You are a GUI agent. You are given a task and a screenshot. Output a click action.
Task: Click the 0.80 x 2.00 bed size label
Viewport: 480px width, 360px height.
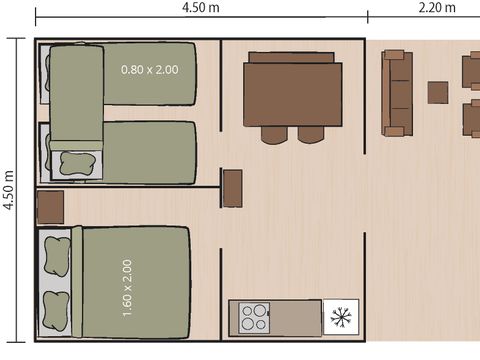pos(150,70)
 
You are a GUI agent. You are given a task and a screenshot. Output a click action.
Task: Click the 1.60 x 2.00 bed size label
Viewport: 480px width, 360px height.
pos(127,288)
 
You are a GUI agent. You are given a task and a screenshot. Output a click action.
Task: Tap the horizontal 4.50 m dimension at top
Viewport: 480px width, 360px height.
pos(201,7)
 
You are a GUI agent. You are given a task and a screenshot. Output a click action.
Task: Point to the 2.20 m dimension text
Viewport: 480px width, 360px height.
pos(437,7)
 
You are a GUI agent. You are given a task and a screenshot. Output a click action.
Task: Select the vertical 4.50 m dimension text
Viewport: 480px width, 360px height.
pos(9,190)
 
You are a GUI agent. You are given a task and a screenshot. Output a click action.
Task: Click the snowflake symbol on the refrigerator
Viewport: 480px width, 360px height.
pos(341,317)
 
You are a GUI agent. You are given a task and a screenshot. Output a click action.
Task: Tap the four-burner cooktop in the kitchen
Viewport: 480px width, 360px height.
pos(254,318)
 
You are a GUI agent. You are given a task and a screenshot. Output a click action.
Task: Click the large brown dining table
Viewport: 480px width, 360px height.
pos(293,94)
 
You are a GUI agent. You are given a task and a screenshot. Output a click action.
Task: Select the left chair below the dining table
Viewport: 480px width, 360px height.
pos(274,135)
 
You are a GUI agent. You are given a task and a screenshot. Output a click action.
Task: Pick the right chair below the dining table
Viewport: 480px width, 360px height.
pos(311,135)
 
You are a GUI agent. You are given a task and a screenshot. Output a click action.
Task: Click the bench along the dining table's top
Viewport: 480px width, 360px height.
pos(291,57)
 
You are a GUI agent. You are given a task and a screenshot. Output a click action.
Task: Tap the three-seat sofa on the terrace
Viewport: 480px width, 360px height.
pos(397,93)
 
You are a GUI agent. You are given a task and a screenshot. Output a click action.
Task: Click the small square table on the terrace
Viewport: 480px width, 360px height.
pos(438,92)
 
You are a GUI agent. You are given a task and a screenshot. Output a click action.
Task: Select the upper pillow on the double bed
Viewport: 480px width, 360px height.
pos(57,257)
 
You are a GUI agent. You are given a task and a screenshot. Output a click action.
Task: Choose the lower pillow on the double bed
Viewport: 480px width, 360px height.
pos(57,311)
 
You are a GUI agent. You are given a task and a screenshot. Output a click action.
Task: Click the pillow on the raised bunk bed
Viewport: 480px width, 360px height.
pos(76,164)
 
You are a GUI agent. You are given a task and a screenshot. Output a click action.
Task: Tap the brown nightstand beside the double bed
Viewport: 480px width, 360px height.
pos(50,207)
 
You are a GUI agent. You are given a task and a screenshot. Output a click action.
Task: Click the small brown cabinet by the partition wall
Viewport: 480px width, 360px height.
pos(233,189)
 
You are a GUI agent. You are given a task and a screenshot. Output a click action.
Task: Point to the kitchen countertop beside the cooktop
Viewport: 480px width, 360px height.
pos(296,318)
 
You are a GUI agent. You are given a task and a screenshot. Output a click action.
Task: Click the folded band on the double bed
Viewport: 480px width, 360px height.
pos(77,282)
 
